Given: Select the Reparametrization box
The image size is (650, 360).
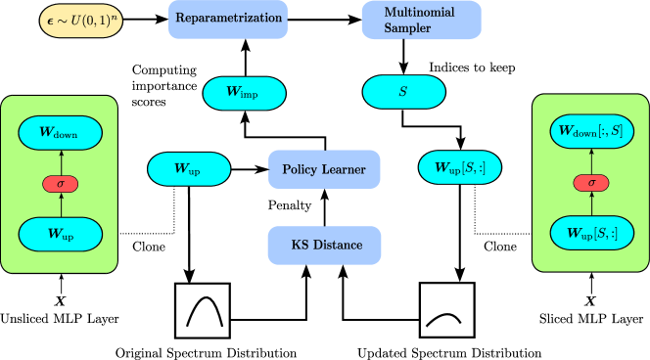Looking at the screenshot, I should coord(229,19).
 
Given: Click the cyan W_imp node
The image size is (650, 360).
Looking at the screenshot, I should coord(244,93).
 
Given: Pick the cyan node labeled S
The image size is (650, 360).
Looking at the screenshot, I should coord(403,93).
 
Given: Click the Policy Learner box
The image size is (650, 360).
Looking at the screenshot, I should coord(324,169).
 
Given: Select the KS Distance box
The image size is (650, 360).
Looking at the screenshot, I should coord(324,246).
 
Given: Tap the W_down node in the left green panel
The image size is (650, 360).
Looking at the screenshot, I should coord(60,132).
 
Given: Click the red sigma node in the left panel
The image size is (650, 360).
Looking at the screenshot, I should coord(60,183).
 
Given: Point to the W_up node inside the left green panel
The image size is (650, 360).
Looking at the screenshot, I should coord(60,234).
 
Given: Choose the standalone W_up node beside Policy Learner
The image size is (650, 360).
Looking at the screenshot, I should coord(189,169).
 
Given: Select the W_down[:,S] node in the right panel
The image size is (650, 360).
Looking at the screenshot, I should coord(590,131).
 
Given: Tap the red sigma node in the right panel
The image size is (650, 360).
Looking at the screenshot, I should coord(590,183).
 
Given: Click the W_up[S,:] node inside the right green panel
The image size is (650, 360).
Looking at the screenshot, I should coord(590,234).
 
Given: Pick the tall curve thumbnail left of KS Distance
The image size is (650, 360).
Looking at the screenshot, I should coord(203,309).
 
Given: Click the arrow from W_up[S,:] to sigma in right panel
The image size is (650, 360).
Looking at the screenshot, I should coord(590,206).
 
